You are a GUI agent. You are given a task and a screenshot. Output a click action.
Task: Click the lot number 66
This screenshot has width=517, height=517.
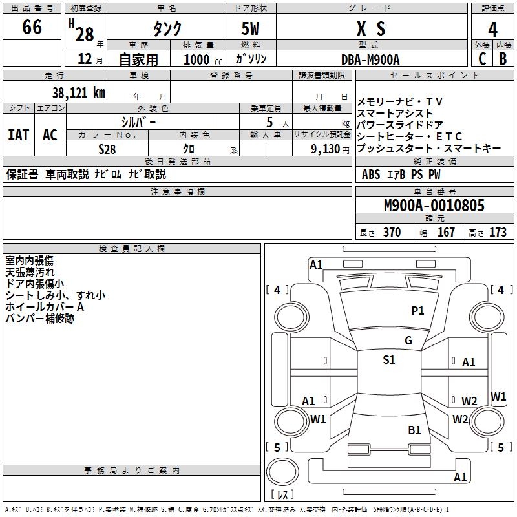(x=32, y=28)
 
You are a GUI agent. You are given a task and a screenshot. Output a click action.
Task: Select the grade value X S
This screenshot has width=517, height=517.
(x=371, y=28)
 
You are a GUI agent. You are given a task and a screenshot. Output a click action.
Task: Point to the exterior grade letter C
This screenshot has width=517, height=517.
(x=482, y=59)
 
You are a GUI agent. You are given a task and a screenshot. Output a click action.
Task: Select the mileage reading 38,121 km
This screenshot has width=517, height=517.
(x=78, y=92)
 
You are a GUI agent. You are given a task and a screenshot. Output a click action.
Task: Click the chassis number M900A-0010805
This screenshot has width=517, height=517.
(x=434, y=206)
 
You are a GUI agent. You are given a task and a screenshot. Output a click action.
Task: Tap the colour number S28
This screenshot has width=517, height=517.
(x=107, y=148)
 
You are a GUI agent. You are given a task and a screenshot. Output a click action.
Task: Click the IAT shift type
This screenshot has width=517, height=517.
(x=18, y=134)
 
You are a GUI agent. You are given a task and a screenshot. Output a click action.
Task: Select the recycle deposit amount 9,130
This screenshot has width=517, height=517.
(x=329, y=148)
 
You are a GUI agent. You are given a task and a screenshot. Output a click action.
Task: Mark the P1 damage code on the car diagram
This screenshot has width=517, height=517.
(x=418, y=311)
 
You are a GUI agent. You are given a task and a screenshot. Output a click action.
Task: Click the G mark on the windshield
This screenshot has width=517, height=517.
(x=408, y=341)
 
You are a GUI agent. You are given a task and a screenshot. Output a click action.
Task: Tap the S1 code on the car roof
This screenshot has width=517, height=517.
(x=388, y=360)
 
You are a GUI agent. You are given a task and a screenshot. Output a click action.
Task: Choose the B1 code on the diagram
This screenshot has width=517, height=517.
(x=414, y=430)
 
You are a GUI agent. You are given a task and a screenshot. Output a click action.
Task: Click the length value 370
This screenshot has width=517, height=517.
(x=392, y=232)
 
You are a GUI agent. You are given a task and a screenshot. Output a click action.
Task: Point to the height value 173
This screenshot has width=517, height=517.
(x=498, y=232)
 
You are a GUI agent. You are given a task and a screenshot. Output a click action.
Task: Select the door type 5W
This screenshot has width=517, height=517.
(x=251, y=28)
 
